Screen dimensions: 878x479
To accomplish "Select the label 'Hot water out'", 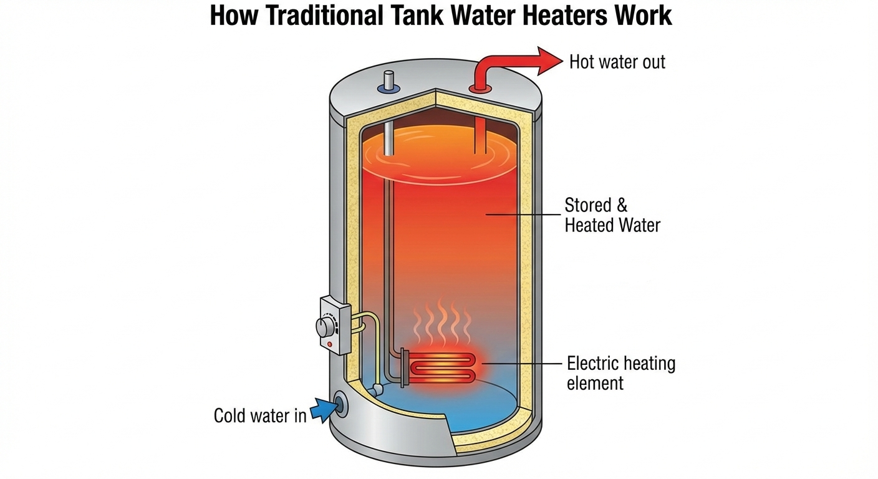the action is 617,62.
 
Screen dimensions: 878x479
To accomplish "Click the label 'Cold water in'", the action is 260,415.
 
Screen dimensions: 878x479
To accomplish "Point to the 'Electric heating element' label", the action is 620,372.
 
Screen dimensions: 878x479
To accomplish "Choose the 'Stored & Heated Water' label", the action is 612,215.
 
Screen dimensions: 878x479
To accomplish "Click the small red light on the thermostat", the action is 329,344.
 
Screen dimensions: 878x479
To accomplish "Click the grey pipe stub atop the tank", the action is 388,82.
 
